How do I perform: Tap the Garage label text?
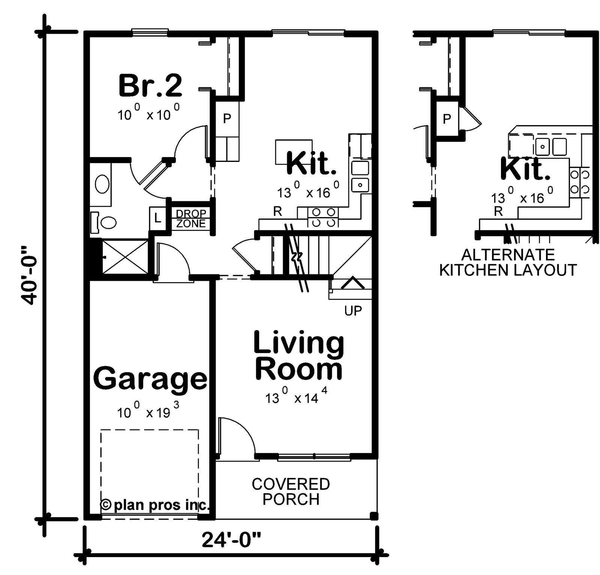150,379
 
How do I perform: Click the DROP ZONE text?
191,219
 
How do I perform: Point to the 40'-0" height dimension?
30,276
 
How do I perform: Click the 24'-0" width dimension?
231,540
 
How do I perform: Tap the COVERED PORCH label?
291,492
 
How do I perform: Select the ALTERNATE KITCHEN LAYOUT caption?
508,262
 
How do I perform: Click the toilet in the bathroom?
106,222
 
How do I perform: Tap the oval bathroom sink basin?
102,184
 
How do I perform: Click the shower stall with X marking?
125,257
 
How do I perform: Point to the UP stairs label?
353,310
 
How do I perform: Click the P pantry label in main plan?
227,119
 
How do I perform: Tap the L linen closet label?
157,218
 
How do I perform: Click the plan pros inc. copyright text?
155,505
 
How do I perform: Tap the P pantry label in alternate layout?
447,119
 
